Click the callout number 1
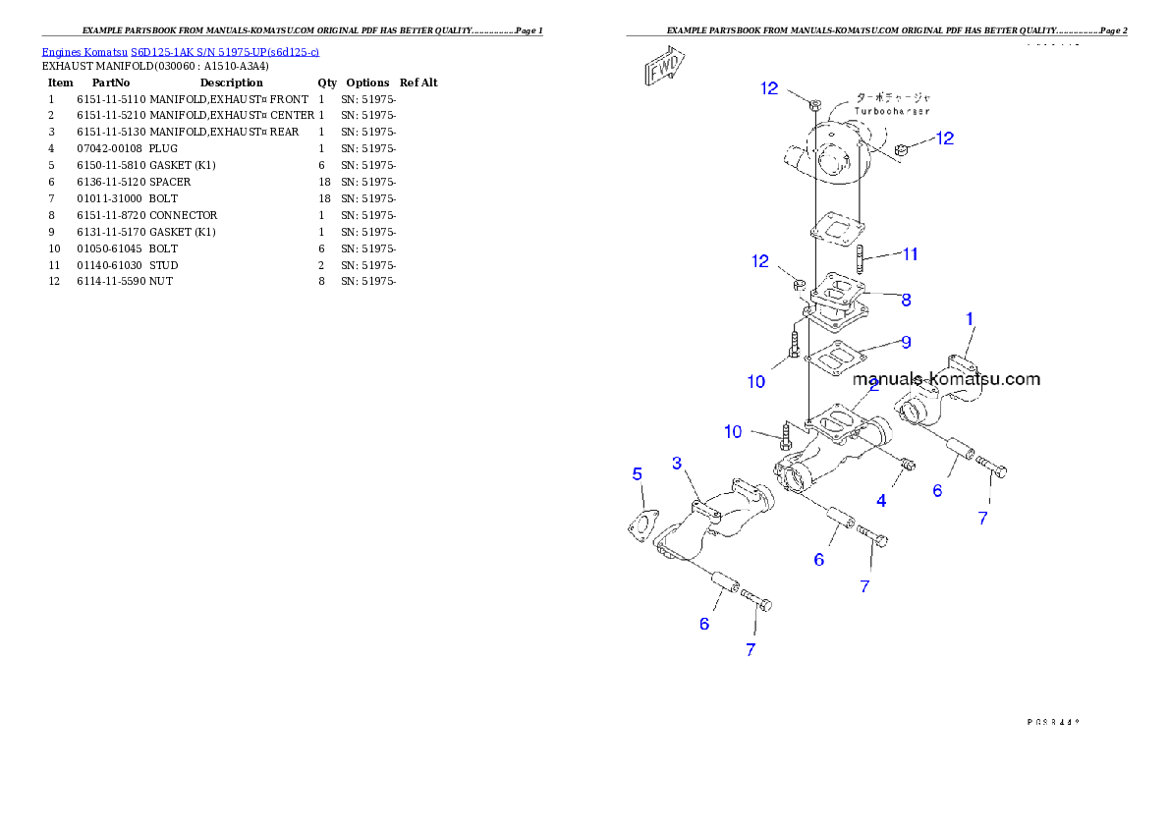pyautogui.click(x=970, y=318)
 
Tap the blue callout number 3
pyautogui.click(x=677, y=463)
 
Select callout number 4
pyautogui.click(x=881, y=501)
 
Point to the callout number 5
pyautogui.click(x=638, y=474)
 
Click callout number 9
pyautogui.click(x=905, y=342)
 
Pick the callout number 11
pyautogui.click(x=911, y=254)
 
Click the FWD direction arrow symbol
pyautogui.click(x=664, y=69)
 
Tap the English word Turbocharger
pyautogui.click(x=891, y=111)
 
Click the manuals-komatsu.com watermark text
pyautogui.click(x=946, y=379)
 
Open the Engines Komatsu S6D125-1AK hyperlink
pyautogui.click(x=180, y=51)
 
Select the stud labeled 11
pyautogui.click(x=861, y=262)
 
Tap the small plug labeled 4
pyautogui.click(x=908, y=464)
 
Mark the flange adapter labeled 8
pyautogui.click(x=834, y=301)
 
